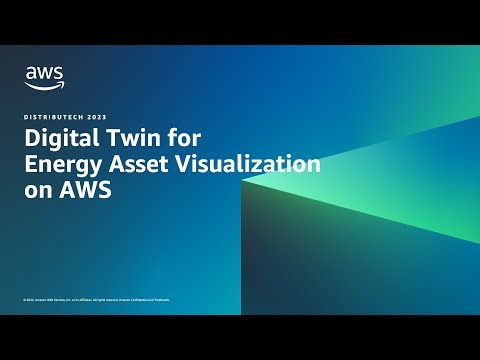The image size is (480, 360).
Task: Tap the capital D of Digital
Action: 31,140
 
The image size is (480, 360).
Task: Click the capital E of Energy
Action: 30,165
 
